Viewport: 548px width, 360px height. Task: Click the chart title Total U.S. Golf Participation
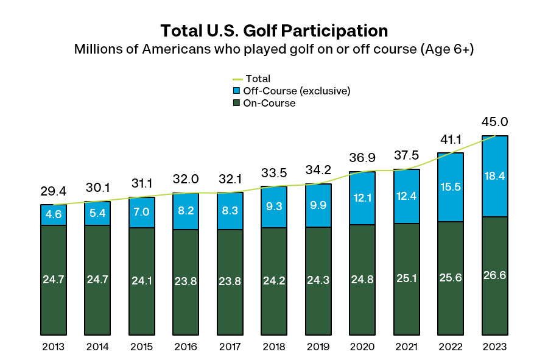(x=273, y=30)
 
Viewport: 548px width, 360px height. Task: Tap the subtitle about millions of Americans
(x=273, y=49)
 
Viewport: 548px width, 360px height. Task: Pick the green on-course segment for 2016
(x=186, y=282)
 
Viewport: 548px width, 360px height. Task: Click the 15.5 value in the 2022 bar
(x=451, y=187)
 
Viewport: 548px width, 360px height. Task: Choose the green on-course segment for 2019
(x=318, y=281)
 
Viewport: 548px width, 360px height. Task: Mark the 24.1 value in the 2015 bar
(x=142, y=281)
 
